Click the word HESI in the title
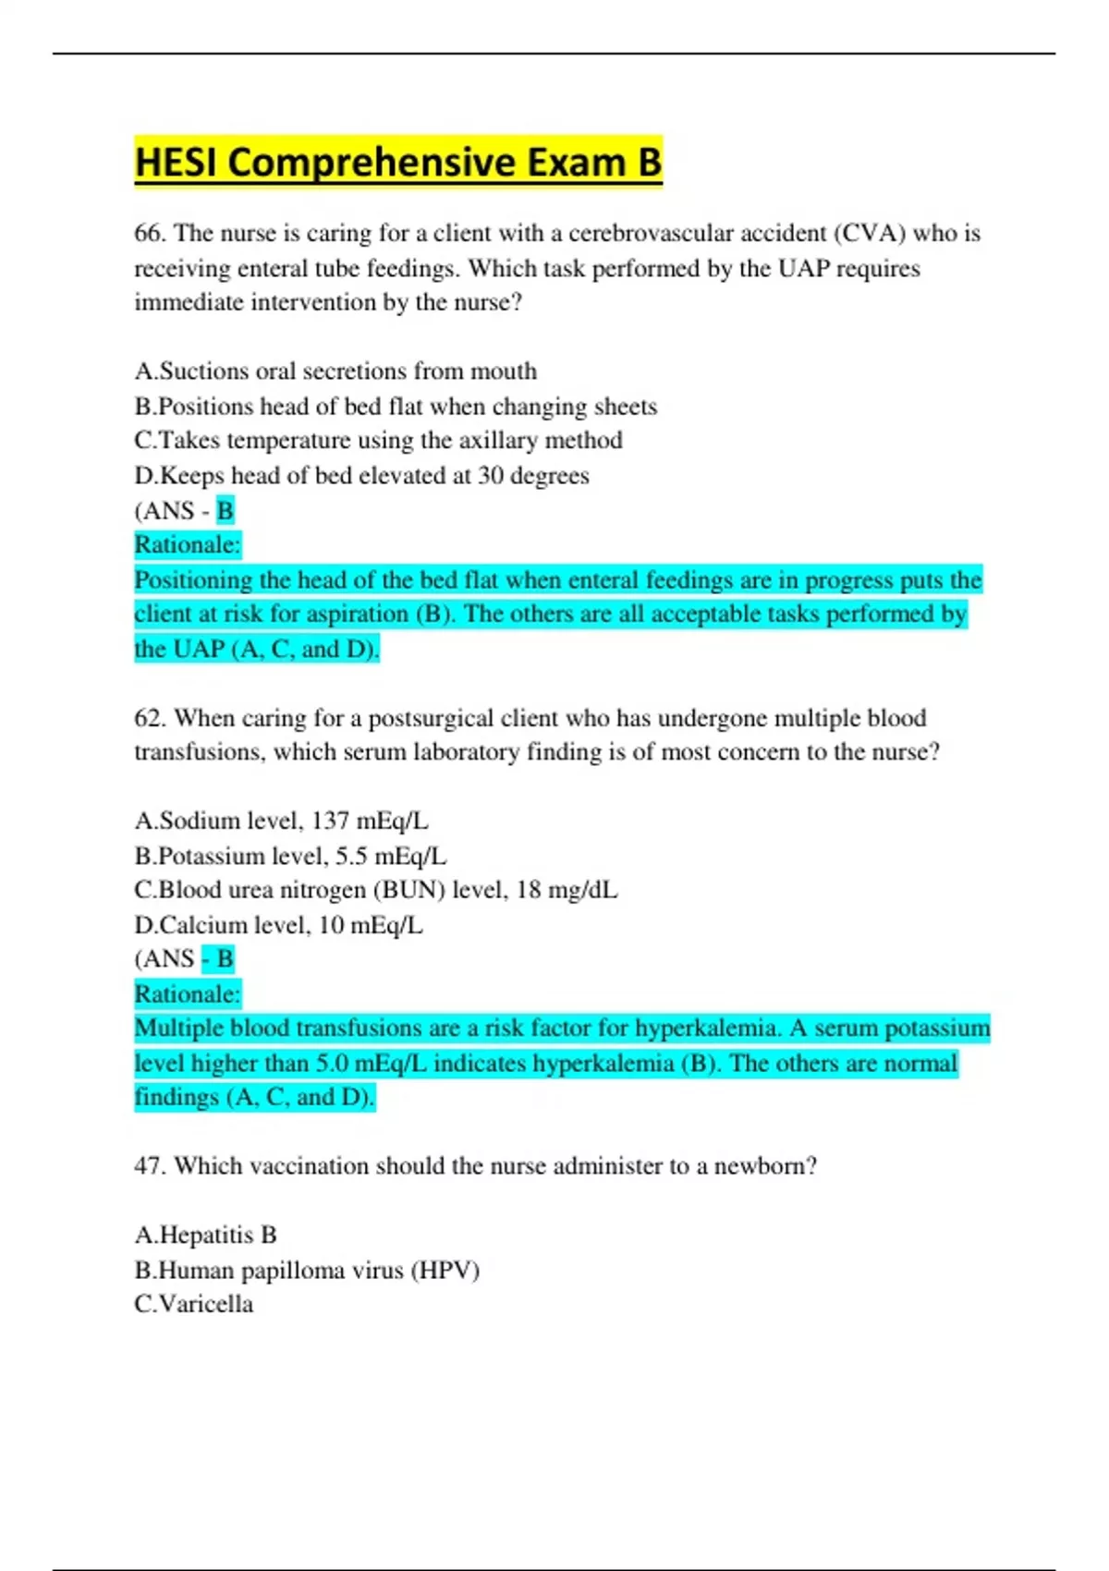pos(176,163)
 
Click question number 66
pos(149,233)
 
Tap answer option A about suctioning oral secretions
pos(335,371)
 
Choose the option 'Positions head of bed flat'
pos(396,407)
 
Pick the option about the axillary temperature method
pos(378,441)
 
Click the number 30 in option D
pos(490,476)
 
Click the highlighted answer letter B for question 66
pos(225,510)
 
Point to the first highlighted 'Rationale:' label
pos(188,545)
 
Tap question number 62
pos(149,718)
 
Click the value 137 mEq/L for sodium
pos(370,821)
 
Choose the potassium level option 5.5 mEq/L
pos(290,856)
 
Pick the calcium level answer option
pos(278,925)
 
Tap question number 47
pos(149,1166)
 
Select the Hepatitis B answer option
pos(205,1236)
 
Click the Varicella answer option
pos(193,1305)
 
